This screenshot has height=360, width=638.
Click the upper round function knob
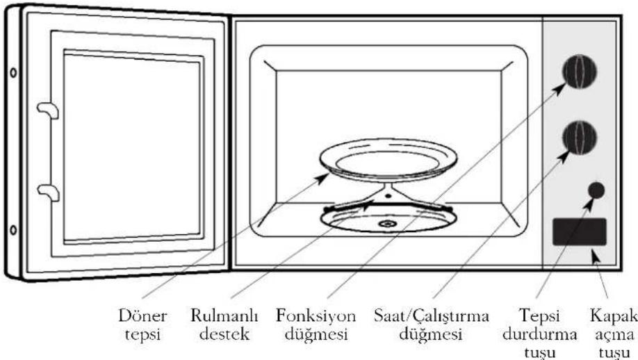pyautogui.click(x=580, y=71)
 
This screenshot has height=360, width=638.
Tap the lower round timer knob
pyautogui.click(x=580, y=138)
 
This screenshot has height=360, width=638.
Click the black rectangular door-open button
pyautogui.click(x=580, y=232)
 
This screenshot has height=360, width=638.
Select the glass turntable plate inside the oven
pyautogui.click(x=388, y=160)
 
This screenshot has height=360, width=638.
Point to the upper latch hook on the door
pyautogui.click(x=48, y=111)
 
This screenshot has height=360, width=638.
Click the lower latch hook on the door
pyautogui.click(x=48, y=192)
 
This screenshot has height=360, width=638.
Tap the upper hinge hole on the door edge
pyautogui.click(x=13, y=73)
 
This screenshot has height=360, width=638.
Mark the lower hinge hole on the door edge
pyautogui.click(x=13, y=230)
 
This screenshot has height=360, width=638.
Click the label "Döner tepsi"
pyautogui.click(x=142, y=325)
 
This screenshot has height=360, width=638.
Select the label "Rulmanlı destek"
pyautogui.click(x=224, y=325)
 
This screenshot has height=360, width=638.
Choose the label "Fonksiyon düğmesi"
pyautogui.click(x=316, y=325)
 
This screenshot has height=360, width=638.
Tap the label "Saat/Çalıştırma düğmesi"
pyautogui.click(x=432, y=325)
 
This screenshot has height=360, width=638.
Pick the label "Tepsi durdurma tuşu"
pyautogui.click(x=539, y=334)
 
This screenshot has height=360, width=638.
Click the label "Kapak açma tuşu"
pyautogui.click(x=614, y=334)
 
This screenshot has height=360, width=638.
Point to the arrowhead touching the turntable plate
pyautogui.click(x=323, y=177)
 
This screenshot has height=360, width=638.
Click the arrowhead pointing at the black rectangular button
pyautogui.click(x=595, y=256)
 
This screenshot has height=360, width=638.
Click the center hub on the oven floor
pyautogui.click(x=386, y=223)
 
